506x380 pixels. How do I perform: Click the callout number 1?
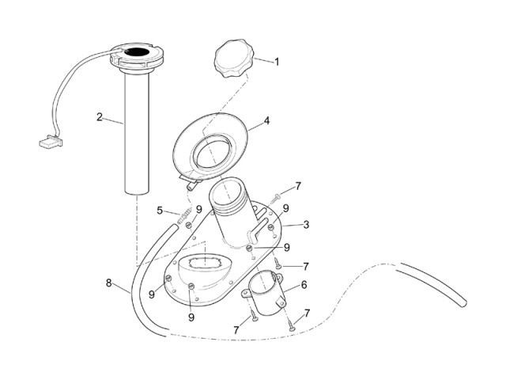[277, 62]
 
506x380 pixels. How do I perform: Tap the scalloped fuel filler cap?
[234, 58]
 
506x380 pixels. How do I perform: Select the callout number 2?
[100, 117]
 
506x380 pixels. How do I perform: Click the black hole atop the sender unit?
[137, 51]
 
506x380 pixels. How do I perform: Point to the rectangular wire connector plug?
[51, 141]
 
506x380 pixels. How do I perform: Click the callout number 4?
[266, 121]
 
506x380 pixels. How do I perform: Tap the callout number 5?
[160, 211]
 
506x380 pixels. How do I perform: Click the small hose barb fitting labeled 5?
[185, 215]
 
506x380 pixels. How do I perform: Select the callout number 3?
[306, 224]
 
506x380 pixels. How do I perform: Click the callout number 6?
[304, 285]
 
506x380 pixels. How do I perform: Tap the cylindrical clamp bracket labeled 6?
[263, 293]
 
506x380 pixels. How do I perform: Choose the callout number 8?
[109, 283]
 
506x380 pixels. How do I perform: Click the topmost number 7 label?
[298, 186]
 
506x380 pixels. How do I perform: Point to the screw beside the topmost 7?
[275, 198]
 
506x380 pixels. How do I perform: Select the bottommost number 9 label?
[191, 317]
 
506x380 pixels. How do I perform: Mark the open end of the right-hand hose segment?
[464, 303]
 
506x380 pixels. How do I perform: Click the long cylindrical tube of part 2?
[137, 134]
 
